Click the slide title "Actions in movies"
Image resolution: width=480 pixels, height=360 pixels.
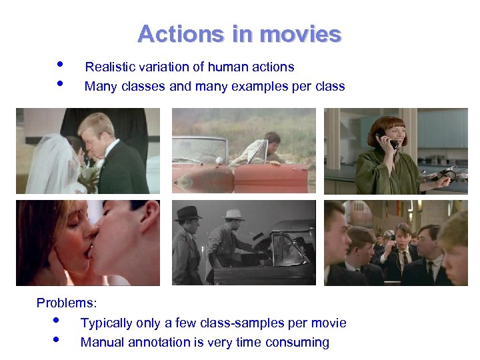239,34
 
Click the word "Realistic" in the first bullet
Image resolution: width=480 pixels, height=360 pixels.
108,67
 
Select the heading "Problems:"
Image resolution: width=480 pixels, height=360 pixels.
67,303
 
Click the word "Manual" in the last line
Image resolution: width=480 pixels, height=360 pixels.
101,343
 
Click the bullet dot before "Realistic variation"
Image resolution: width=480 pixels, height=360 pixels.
60,65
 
